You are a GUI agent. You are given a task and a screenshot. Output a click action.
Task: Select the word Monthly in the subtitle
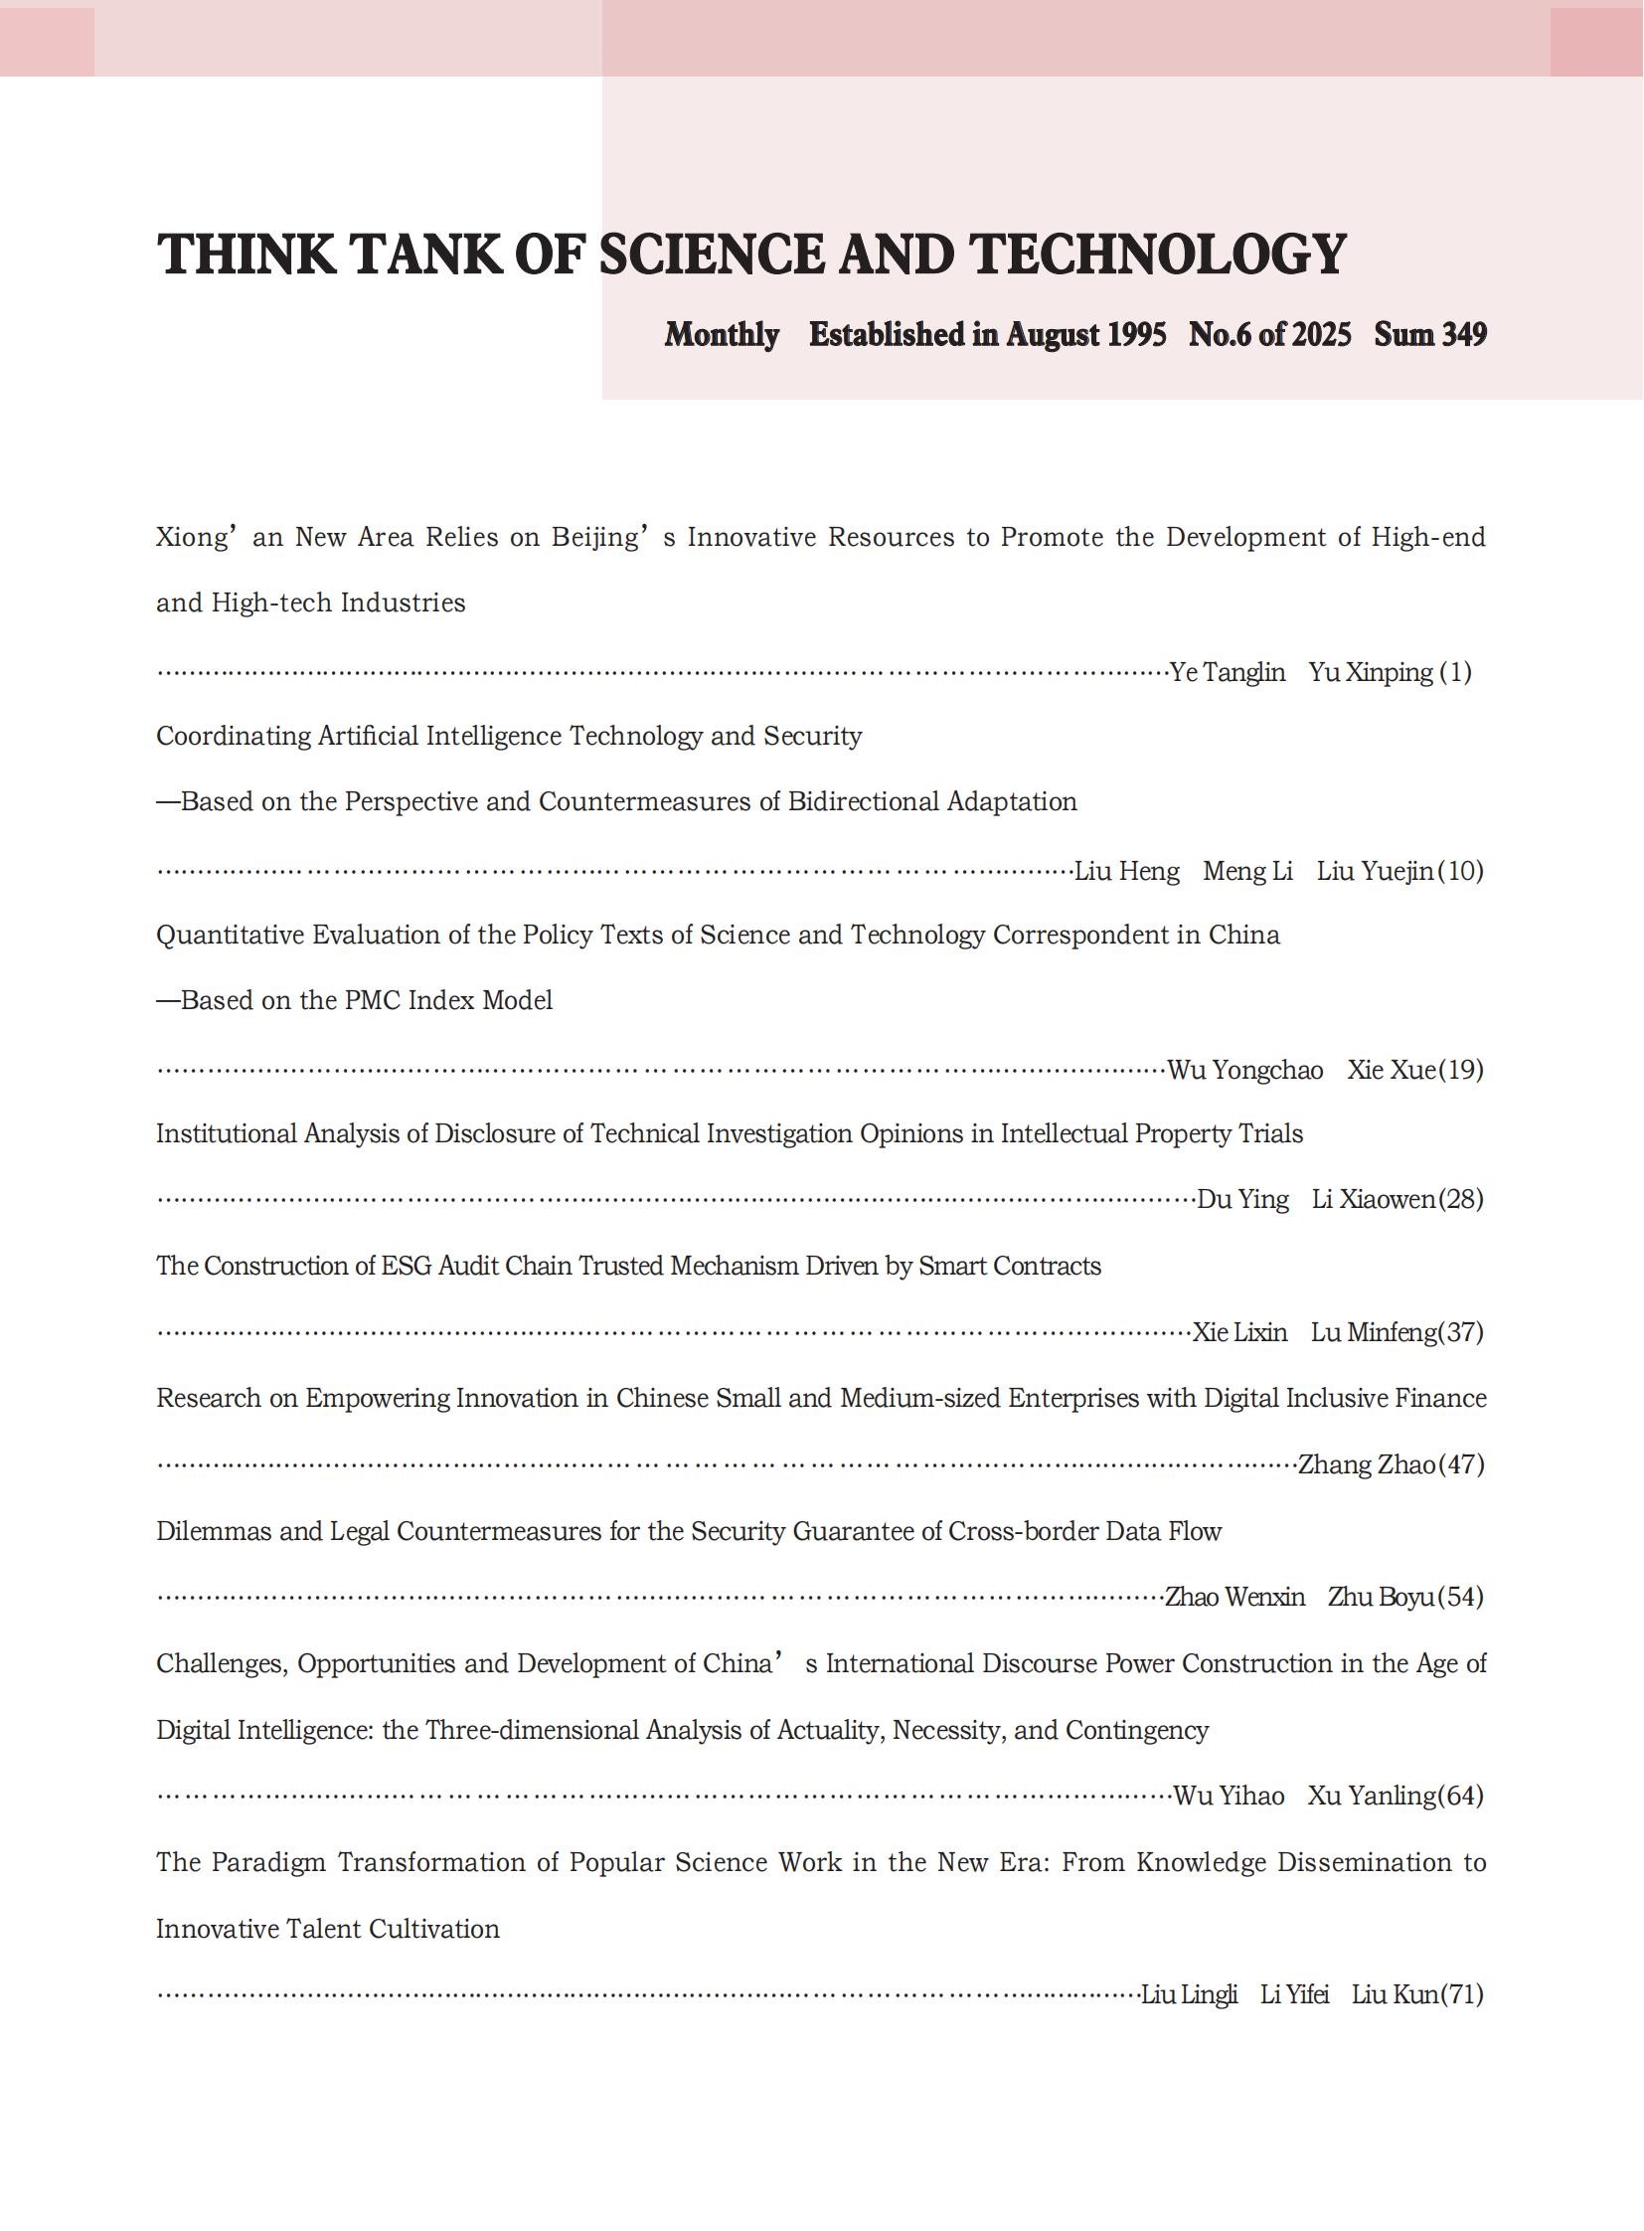coord(722,334)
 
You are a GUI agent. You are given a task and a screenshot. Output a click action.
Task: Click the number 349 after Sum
coord(1463,334)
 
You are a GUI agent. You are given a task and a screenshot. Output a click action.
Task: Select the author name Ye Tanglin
coord(1227,672)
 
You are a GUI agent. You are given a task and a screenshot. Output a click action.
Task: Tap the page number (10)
coord(1460,871)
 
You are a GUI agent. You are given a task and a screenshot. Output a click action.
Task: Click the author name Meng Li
coord(1247,871)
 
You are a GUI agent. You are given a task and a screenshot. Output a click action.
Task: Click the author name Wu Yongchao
coord(1245,1070)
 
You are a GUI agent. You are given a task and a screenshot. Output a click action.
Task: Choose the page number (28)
coord(1460,1200)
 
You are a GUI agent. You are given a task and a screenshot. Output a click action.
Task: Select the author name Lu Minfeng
coord(1375,1332)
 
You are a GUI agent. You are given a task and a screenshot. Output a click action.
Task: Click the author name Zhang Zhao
coord(1367,1464)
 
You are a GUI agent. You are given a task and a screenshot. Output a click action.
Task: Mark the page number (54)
coord(1460,1597)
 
